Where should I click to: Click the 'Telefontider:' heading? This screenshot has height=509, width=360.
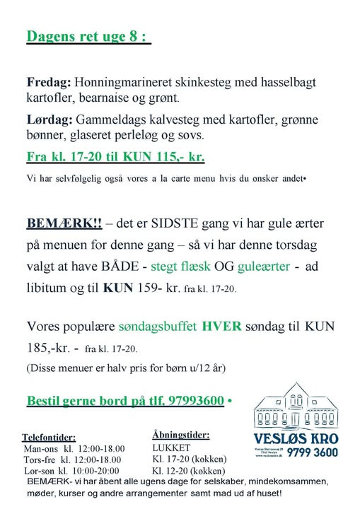(49, 437)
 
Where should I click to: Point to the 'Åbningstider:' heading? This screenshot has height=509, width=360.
(180, 434)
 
